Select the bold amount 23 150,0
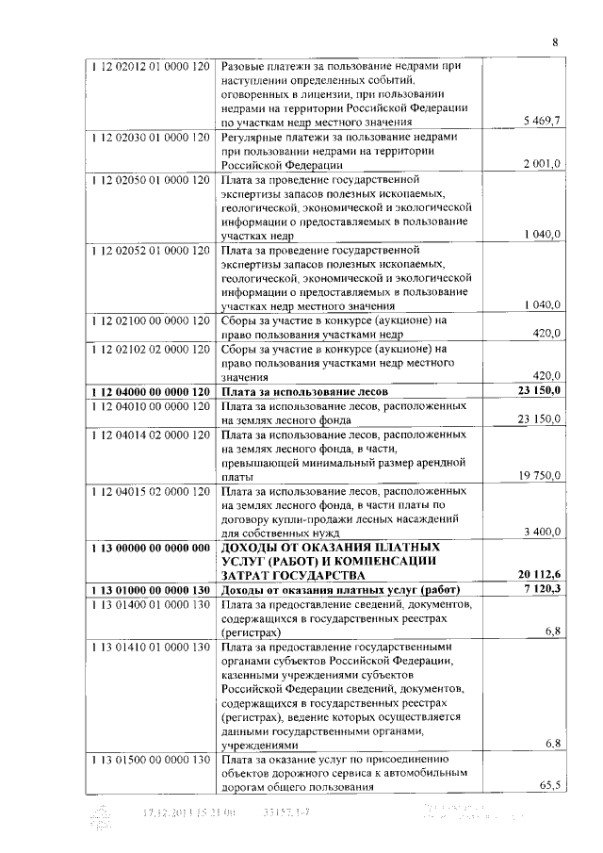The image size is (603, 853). point(540,390)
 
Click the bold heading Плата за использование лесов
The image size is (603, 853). point(304,390)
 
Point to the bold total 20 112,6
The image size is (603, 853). point(540,575)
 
